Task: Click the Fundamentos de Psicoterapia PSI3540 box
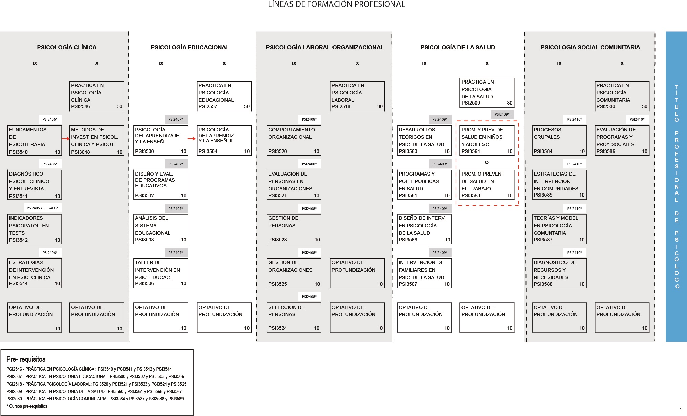(35, 140)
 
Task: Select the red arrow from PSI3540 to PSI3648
(66, 139)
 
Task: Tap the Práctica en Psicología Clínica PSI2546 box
(97, 96)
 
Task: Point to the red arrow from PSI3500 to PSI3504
(192, 139)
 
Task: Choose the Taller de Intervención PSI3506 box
(161, 273)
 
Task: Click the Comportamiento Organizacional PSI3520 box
(294, 140)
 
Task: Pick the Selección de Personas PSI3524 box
(294, 318)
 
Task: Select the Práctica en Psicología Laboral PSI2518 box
(357, 96)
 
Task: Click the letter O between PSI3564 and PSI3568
(487, 162)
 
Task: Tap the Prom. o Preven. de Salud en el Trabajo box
(487, 184)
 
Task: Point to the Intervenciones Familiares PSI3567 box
(424, 273)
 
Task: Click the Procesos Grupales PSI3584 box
(559, 140)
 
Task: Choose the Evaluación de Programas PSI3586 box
(622, 140)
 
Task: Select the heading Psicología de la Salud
(457, 47)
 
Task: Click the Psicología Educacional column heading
(190, 47)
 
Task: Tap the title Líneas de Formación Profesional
(336, 4)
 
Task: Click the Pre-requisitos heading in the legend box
(26, 359)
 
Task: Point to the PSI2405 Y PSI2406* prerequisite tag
(42, 208)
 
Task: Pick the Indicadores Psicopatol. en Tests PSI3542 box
(35, 229)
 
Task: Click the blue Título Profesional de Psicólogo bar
(676, 186)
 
